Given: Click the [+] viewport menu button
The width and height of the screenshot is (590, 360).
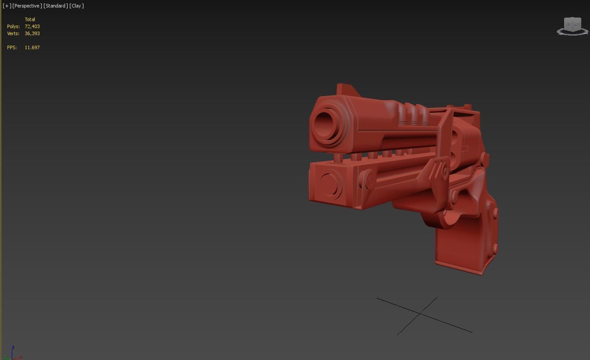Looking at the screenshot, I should coord(7,6).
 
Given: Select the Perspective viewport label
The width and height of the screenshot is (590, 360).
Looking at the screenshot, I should coord(27,6).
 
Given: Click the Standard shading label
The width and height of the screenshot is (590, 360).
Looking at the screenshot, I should coord(56,6).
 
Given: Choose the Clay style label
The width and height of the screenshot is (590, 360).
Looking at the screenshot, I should coord(76,6).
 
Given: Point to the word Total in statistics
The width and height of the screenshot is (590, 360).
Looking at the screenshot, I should coord(30,19).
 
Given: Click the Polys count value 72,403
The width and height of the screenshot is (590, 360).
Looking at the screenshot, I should coord(32,26).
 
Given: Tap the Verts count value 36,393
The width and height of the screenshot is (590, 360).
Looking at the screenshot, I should coord(32,33).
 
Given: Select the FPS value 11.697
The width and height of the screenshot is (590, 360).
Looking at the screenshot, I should coord(32,47).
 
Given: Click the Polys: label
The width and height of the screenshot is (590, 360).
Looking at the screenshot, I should coord(13,26).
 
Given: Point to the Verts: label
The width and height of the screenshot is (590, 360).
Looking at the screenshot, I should coord(13,33).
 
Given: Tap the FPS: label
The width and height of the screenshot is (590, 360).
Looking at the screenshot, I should coord(12,47).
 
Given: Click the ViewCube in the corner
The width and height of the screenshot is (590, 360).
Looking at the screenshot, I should coord(572,25).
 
